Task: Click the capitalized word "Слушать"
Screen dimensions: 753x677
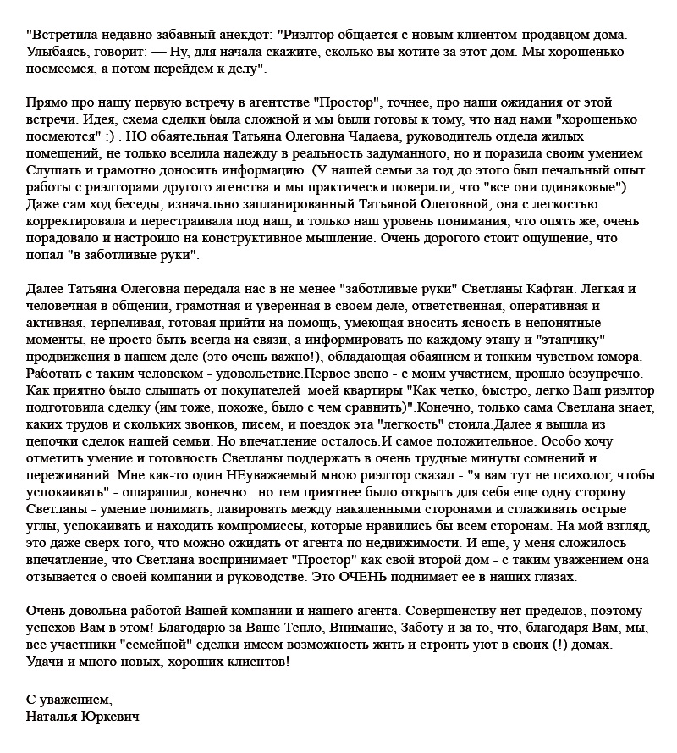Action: [x=51, y=169]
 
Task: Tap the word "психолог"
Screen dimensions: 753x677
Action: [x=566, y=475]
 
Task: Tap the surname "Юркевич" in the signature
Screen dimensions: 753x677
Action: [x=107, y=717]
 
